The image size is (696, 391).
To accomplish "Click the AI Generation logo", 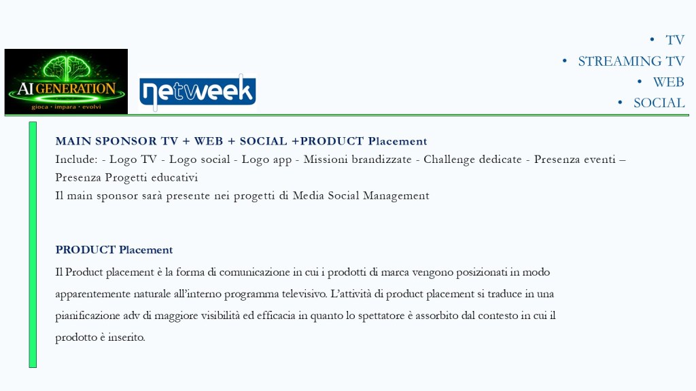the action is click(66, 81).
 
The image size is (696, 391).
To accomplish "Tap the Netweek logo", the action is click(198, 92).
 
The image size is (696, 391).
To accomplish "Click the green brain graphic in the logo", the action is click(67, 68).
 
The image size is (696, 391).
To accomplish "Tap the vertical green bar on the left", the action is click(33, 244).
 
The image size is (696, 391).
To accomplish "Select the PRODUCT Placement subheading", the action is click(114, 250).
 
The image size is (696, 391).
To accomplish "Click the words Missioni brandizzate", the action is click(358, 159).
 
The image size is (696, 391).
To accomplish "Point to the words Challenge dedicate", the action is click(472, 160).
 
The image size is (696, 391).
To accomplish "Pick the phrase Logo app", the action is click(266, 160).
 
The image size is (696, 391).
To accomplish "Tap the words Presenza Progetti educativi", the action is click(126, 177).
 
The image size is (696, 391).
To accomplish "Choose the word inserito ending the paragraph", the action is click(126, 337).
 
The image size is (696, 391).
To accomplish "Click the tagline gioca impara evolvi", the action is click(66, 107).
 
